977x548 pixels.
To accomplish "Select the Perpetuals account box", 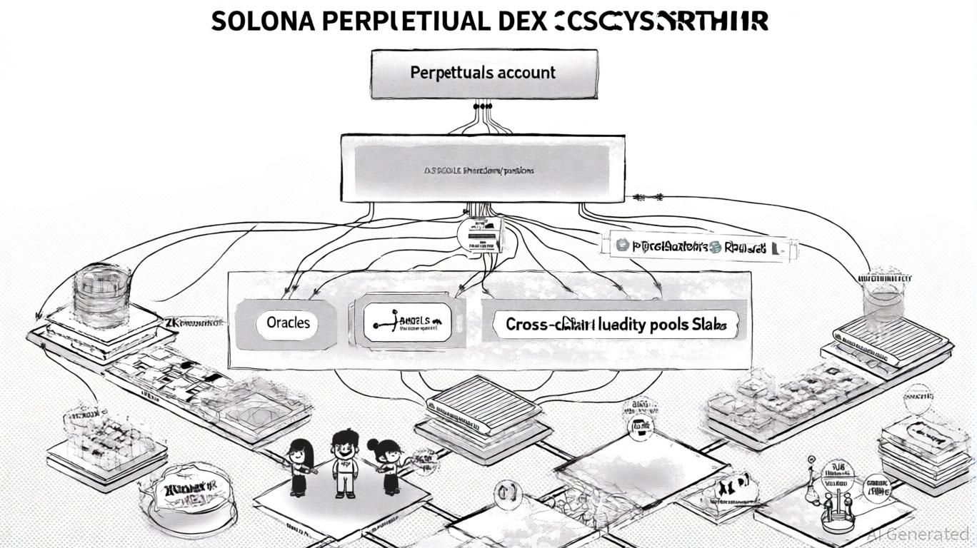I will tap(484, 73).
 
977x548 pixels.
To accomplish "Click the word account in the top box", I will tap(522, 73).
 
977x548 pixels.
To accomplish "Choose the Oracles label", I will tap(289, 323).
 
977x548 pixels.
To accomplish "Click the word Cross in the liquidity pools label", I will tap(526, 325).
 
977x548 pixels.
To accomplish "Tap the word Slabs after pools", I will tap(709, 325).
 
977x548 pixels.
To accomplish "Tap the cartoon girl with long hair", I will tap(299, 467).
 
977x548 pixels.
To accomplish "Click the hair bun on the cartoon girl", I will tap(373, 444).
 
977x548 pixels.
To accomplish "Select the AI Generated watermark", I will tap(918, 533).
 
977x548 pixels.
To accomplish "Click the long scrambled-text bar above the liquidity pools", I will tap(696, 247).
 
